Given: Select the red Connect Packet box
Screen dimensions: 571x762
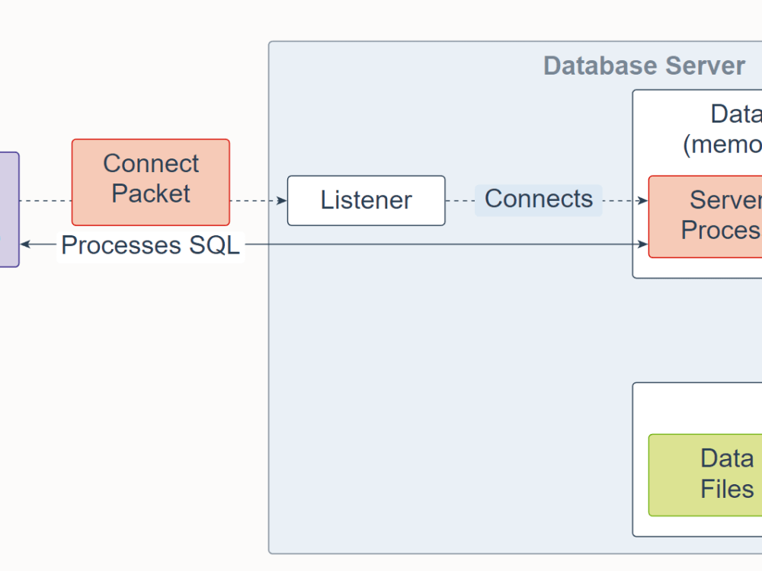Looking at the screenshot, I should pos(151,182).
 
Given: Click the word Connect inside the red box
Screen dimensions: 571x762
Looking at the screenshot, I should pos(151,164).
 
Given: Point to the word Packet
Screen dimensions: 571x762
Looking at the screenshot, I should pos(151,193).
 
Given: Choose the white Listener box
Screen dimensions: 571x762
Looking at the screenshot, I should pos(366,201).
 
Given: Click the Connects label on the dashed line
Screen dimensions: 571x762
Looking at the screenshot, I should pos(539,199).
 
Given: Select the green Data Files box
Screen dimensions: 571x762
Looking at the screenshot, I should pos(705,475).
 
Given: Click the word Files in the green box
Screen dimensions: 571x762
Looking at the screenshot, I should pos(727,489).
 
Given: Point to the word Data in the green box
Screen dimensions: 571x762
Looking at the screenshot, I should pos(727,459).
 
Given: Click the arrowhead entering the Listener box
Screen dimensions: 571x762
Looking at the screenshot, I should pos(283,201).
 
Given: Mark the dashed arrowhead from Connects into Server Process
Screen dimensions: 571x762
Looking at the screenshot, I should pos(643,201).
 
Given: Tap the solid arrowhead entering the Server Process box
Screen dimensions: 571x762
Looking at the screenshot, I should pos(643,244).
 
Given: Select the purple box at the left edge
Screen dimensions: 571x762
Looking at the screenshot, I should pos(8,209).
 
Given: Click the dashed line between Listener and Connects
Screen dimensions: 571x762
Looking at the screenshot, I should pos(460,201).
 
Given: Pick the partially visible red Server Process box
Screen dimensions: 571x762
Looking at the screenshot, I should pos(706,217).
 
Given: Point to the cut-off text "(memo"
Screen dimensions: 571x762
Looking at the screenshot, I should pos(722,145).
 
